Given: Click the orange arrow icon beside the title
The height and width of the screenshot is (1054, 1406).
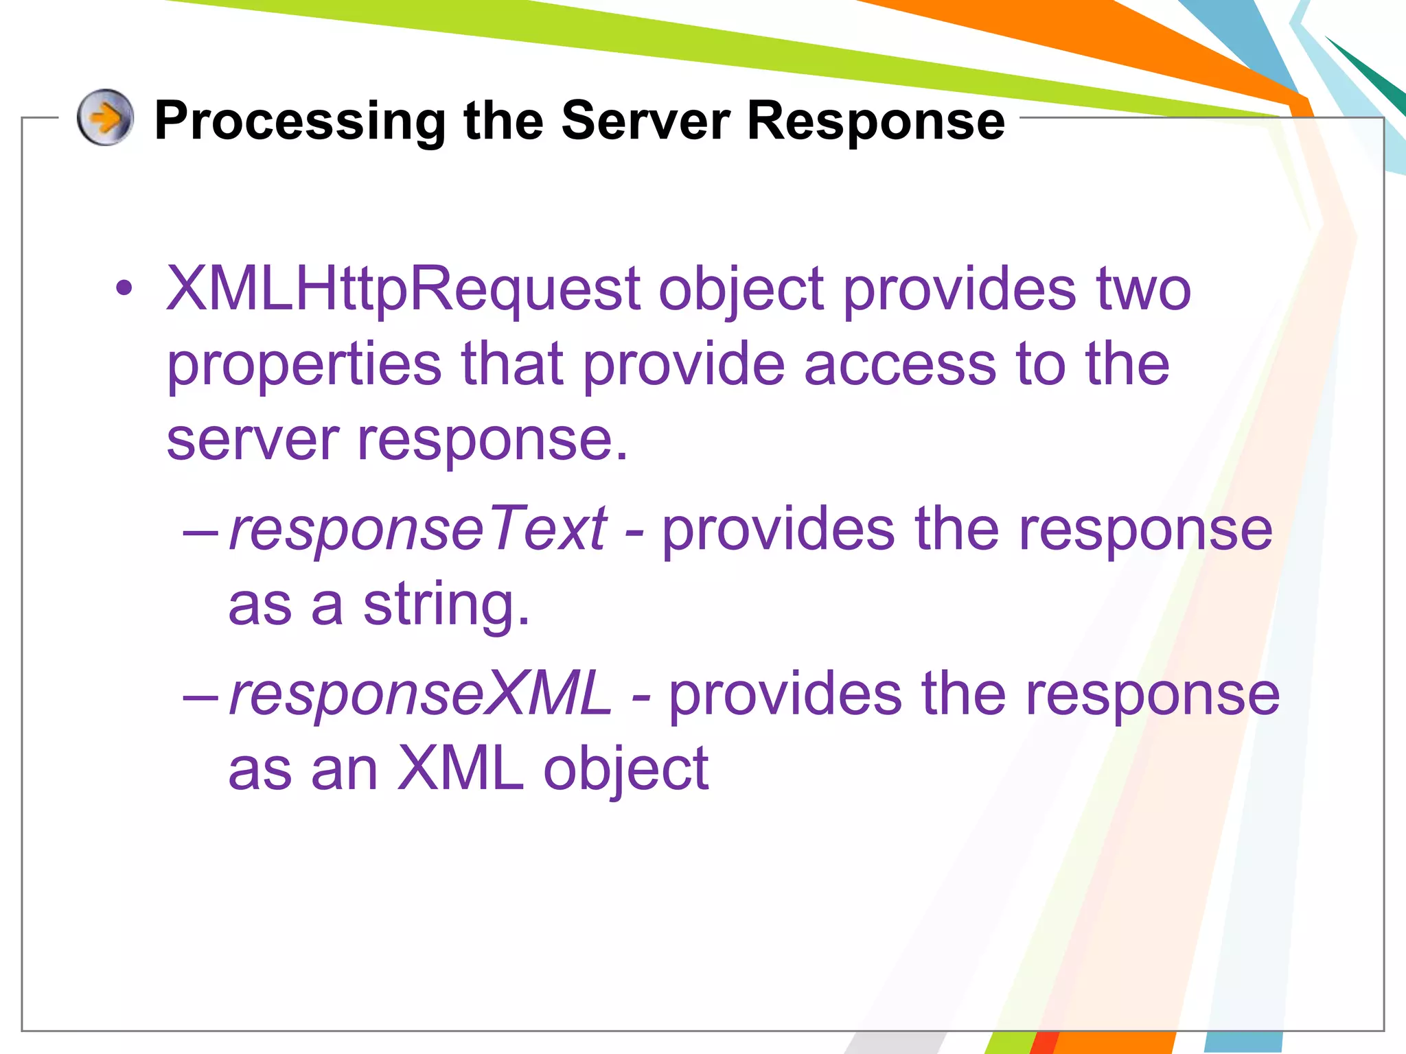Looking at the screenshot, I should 105,117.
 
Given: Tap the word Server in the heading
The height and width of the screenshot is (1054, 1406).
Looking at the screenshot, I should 645,121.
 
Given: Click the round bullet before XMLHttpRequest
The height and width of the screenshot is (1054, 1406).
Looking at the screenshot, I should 124,289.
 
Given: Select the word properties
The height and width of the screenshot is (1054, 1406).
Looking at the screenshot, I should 303,366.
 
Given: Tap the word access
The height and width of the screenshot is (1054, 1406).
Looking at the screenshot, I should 899,364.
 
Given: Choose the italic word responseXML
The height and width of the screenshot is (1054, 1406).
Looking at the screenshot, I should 420,694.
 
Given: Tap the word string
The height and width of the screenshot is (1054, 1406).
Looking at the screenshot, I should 446,606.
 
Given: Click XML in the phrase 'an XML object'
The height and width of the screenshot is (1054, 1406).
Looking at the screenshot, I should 460,769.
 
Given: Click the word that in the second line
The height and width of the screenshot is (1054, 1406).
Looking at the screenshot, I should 512,364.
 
